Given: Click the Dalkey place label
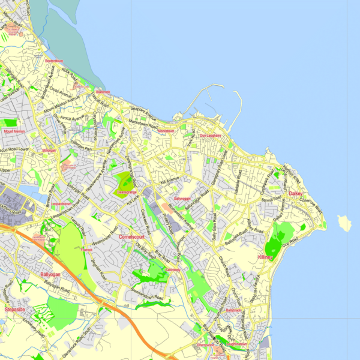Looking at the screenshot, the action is click(x=296, y=194).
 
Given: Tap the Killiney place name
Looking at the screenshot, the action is click(x=265, y=257).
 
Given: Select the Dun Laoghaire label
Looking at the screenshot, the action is click(x=210, y=136).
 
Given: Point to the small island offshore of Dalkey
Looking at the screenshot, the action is click(x=344, y=223).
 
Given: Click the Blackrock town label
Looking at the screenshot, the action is click(x=101, y=92).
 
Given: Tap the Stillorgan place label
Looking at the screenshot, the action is click(x=49, y=151).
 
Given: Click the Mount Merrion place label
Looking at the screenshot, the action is click(x=14, y=131).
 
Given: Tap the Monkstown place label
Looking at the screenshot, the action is click(x=165, y=131).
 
